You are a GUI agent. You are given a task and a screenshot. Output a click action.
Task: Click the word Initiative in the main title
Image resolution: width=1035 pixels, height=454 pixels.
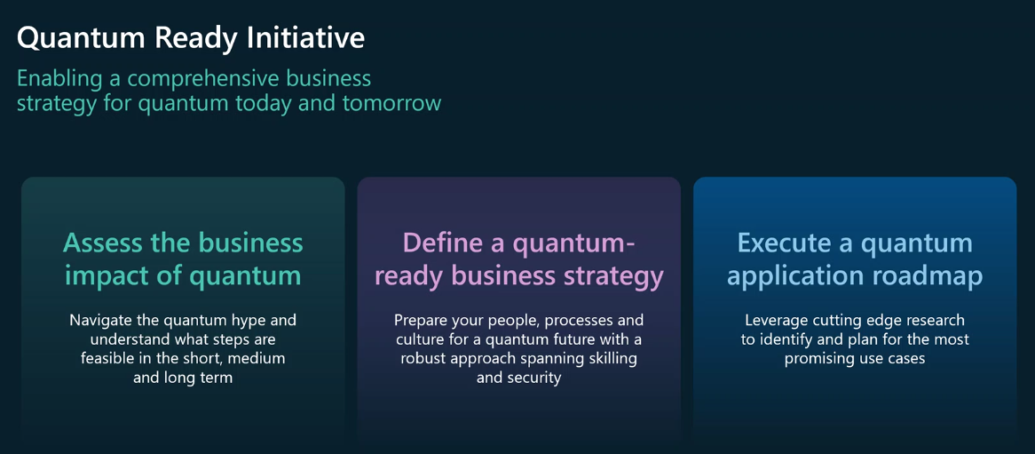(306, 37)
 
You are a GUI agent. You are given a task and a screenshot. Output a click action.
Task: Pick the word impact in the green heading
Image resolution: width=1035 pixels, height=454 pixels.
(99, 275)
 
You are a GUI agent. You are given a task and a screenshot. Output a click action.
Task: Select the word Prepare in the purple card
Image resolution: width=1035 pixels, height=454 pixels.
(423, 320)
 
